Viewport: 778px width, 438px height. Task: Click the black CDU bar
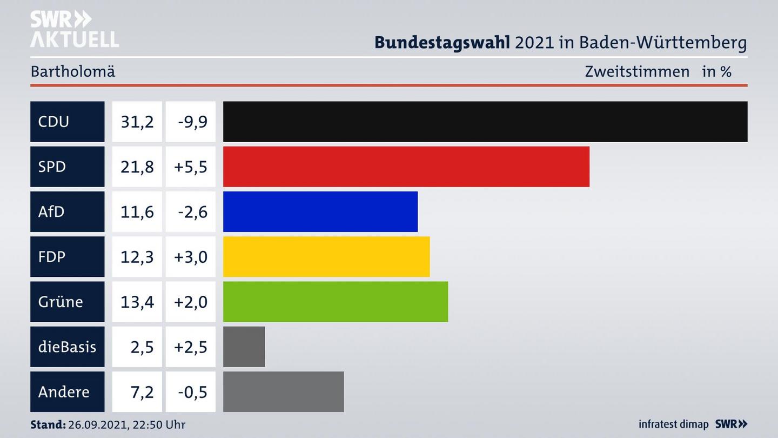[x=485, y=122]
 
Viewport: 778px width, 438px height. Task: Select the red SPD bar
[x=406, y=167]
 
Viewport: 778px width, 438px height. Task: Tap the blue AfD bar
[x=320, y=211]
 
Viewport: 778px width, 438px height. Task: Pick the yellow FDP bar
[x=326, y=256]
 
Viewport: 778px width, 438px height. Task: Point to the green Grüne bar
[x=336, y=302]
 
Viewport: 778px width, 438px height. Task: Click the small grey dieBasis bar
[x=244, y=347]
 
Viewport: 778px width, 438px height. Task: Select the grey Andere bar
[x=284, y=391]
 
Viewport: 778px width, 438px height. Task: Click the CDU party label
[x=54, y=122]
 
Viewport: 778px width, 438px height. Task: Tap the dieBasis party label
[x=67, y=347]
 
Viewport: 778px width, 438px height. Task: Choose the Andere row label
[x=64, y=391]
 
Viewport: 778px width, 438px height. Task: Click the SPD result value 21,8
[x=137, y=167]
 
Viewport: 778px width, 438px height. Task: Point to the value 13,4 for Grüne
[x=137, y=302]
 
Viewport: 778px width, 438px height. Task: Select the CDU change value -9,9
[x=192, y=122]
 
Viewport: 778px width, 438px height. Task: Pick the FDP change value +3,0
[x=191, y=256]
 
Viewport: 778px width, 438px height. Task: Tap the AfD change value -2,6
[x=192, y=211]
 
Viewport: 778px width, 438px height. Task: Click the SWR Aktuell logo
[x=74, y=29]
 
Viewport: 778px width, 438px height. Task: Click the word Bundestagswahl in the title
[x=442, y=43]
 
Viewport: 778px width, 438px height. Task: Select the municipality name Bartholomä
[x=73, y=71]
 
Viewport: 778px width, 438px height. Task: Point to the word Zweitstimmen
[x=637, y=71]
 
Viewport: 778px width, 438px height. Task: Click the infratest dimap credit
[x=673, y=424]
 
